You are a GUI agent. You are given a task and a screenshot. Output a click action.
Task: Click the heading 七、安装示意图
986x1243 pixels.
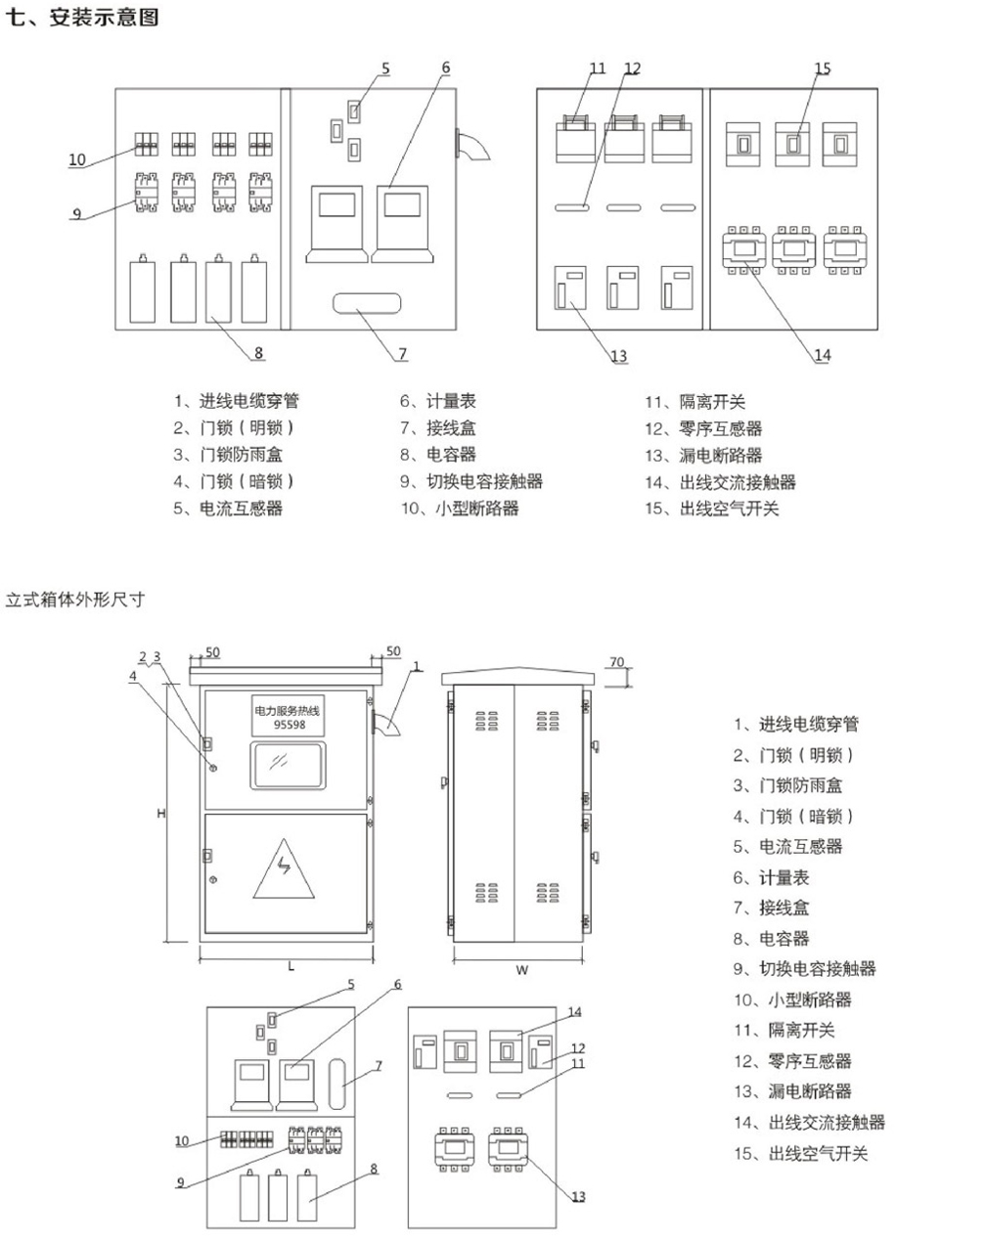pyautogui.click(x=82, y=17)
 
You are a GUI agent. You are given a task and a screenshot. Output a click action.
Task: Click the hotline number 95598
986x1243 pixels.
pyautogui.click(x=289, y=725)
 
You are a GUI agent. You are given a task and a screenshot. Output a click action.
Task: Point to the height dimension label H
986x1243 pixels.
pyautogui.click(x=161, y=813)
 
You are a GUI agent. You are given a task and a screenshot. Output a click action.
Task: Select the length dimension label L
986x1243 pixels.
pyautogui.click(x=291, y=965)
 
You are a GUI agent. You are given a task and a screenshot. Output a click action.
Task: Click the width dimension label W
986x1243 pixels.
pyautogui.click(x=521, y=970)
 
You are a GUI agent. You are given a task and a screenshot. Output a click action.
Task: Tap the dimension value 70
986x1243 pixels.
pyautogui.click(x=616, y=662)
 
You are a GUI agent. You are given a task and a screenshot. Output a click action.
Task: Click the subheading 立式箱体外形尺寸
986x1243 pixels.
pyautogui.click(x=75, y=599)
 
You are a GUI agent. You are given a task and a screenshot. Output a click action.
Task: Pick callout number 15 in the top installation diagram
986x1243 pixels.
pyautogui.click(x=822, y=68)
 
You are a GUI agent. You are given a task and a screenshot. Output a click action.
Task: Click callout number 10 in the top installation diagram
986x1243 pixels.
pyautogui.click(x=77, y=159)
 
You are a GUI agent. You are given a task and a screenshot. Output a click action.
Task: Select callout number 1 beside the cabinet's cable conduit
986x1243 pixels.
pyautogui.click(x=416, y=666)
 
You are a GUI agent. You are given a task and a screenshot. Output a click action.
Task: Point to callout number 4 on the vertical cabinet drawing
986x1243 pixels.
pyautogui.click(x=133, y=675)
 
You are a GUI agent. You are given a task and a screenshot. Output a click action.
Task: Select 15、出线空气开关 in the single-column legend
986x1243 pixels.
pyautogui.click(x=800, y=1153)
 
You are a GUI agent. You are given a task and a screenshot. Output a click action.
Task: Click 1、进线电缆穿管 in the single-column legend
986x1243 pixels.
pyautogui.click(x=796, y=724)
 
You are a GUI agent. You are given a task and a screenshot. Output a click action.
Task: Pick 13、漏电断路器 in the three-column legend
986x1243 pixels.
pyautogui.click(x=702, y=455)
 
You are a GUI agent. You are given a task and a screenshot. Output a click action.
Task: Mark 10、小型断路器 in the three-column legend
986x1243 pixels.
pyautogui.click(x=459, y=509)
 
